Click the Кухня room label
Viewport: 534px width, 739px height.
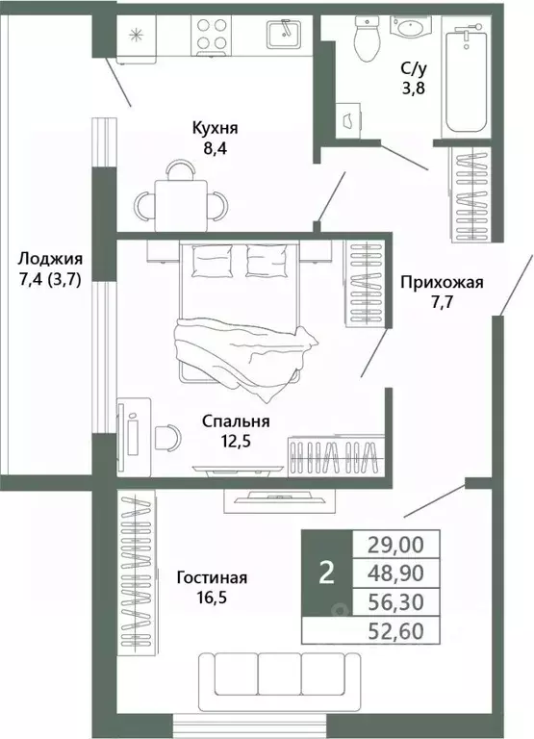(213, 129)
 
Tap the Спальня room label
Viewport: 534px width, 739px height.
(236, 421)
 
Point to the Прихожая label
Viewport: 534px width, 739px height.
(441, 283)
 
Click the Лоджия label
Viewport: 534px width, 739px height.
(50, 260)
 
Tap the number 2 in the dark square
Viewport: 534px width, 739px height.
(327, 573)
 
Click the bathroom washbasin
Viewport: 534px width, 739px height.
(416, 29)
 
